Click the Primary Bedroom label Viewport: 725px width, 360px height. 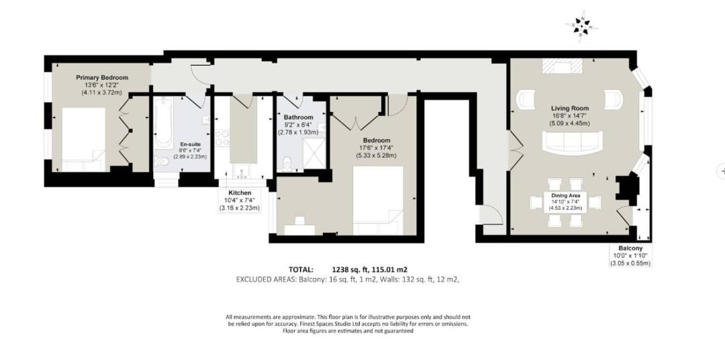102,78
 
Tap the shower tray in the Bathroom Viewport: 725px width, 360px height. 312,154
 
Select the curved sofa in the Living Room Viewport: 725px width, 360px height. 573,142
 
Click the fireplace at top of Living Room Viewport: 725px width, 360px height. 562,66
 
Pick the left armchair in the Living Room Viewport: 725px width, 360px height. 526,99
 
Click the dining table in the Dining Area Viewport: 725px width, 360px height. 565,201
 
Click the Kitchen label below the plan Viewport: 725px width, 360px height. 240,193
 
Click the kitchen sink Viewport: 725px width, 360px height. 240,173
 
